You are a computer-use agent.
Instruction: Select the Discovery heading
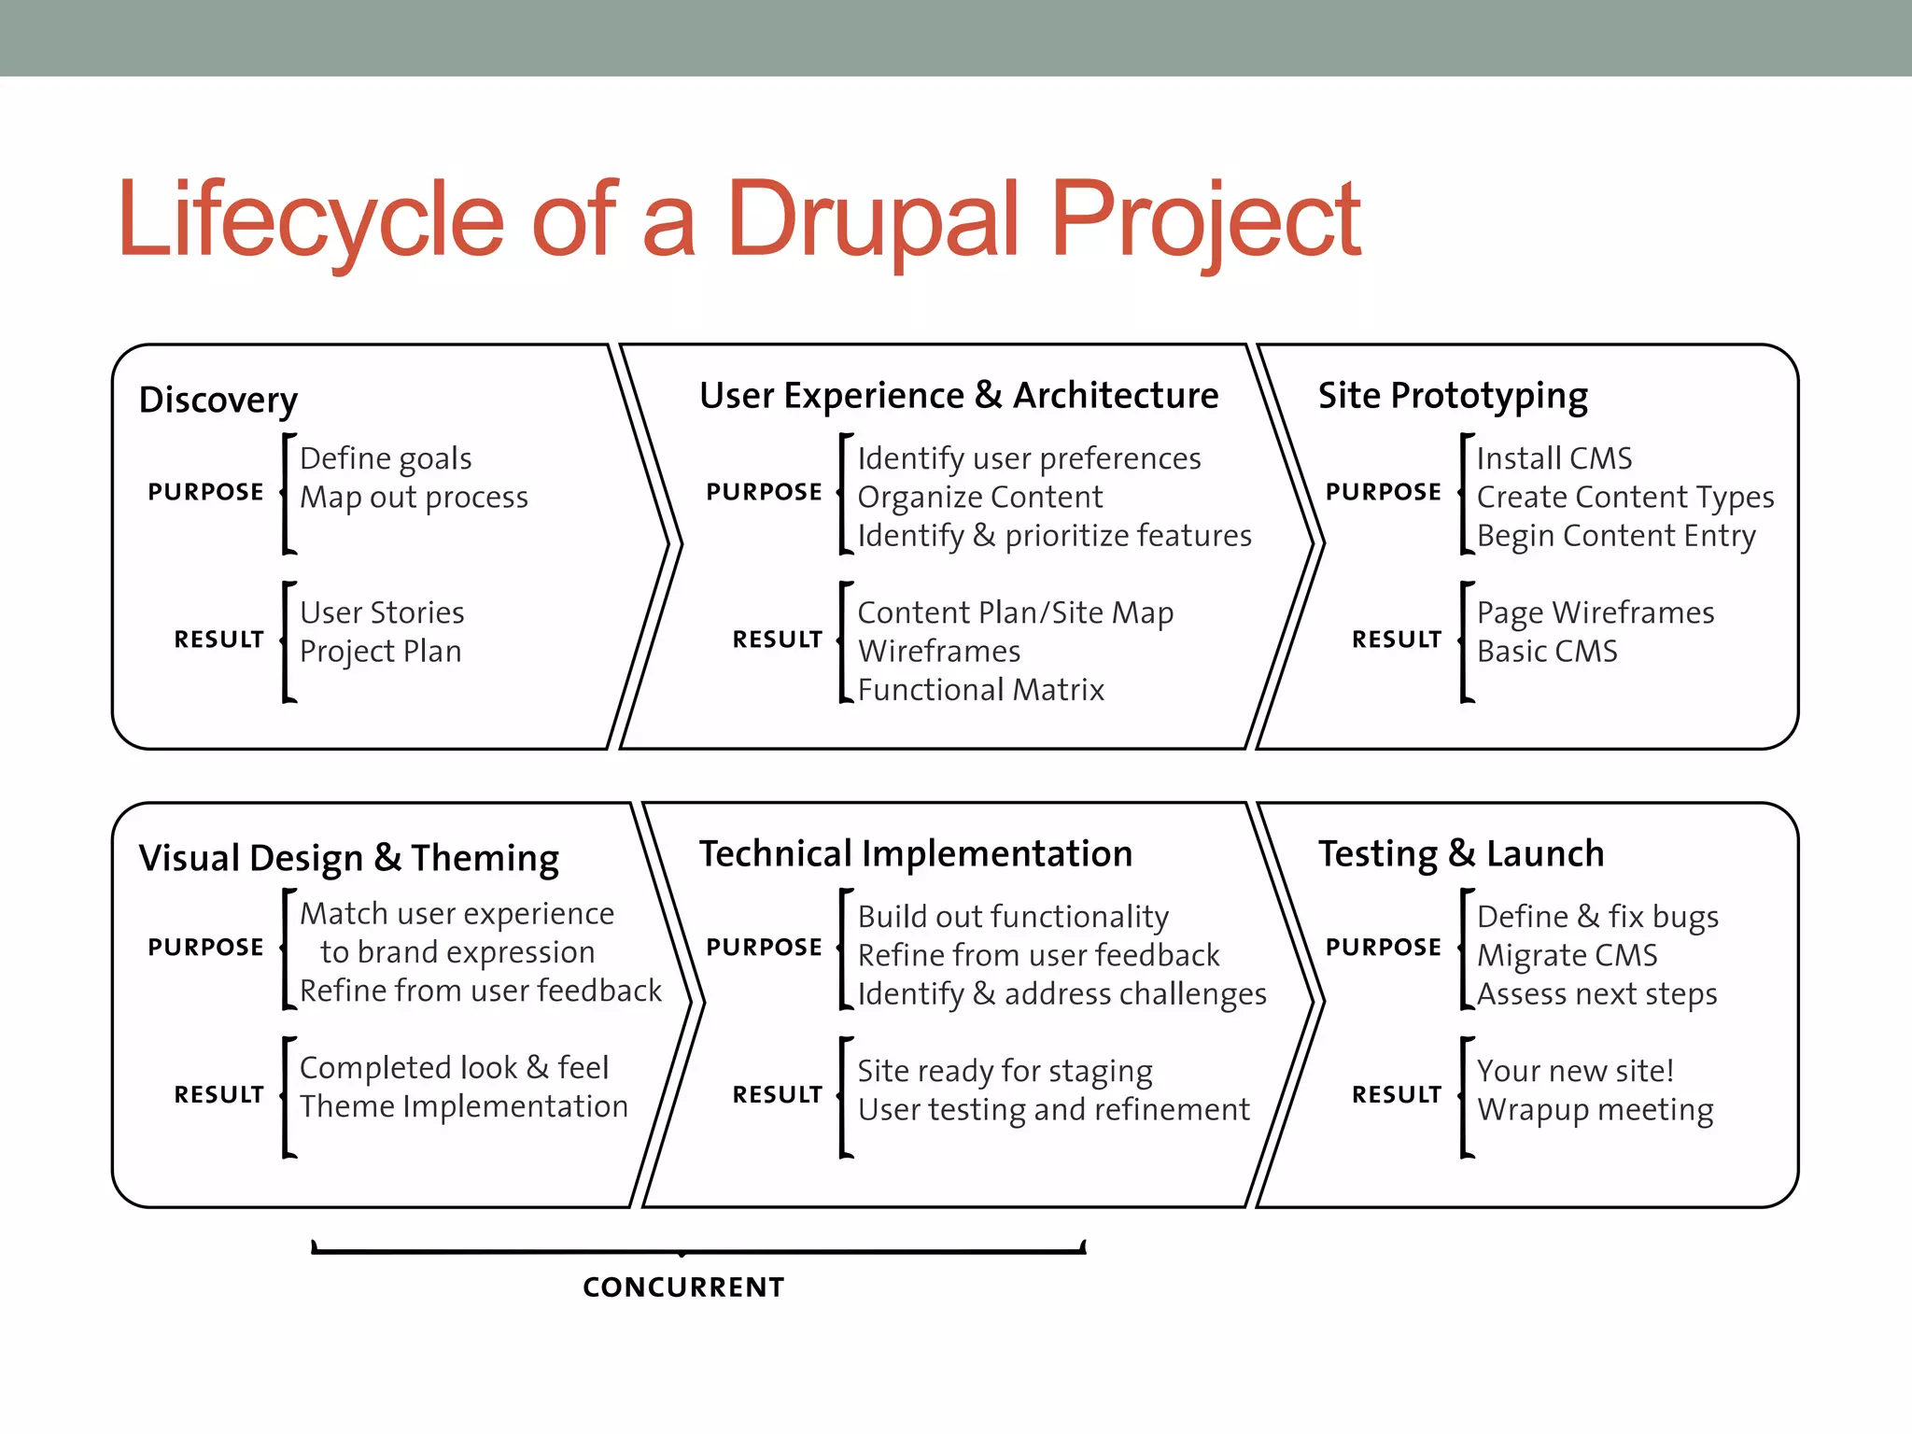click(218, 400)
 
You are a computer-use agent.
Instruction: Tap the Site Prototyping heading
click(1453, 396)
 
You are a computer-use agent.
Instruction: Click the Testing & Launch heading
click(1461, 854)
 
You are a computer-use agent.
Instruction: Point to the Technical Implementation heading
click(916, 854)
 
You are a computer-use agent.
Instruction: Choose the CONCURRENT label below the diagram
click(683, 1287)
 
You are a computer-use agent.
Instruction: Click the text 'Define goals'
click(386, 458)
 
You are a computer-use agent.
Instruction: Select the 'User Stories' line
click(382, 612)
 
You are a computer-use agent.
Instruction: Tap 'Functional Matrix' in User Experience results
click(980, 690)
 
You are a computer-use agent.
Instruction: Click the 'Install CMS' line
click(1554, 458)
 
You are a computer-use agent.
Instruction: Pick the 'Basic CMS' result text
click(1547, 652)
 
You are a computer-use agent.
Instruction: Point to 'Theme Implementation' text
click(464, 1106)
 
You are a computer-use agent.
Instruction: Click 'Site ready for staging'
click(1005, 1071)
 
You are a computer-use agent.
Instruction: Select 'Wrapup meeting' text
click(1595, 1110)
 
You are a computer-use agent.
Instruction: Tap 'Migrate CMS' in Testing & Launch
click(1567, 955)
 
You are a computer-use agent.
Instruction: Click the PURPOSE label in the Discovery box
click(206, 492)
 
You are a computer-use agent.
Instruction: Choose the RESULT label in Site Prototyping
click(1397, 640)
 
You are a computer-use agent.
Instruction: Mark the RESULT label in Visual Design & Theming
click(219, 1094)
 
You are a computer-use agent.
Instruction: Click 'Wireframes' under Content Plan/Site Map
click(938, 652)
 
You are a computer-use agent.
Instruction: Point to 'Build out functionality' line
click(1013, 917)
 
